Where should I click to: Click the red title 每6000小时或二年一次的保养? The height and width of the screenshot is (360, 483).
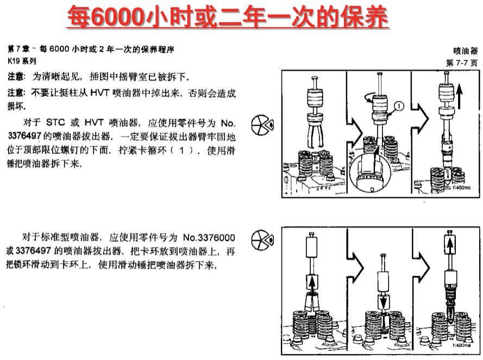[228, 17]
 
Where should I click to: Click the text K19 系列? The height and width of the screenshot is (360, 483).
[22, 61]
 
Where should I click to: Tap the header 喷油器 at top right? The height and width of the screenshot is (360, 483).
[465, 51]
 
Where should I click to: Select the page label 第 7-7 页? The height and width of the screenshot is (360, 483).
[462, 63]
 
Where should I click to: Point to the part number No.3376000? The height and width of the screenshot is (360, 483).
[209, 238]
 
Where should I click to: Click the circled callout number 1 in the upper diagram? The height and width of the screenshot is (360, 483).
[399, 107]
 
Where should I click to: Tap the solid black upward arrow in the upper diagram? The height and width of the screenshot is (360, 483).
[459, 96]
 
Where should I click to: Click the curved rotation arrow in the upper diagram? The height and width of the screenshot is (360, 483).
[369, 98]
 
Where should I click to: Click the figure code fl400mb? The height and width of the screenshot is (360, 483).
[461, 188]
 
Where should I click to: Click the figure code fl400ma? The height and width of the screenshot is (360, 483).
[461, 345]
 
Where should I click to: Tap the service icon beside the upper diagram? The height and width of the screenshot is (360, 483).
[262, 125]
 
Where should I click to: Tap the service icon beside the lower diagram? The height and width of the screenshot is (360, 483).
[262, 240]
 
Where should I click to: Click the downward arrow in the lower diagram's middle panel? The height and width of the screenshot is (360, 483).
[384, 302]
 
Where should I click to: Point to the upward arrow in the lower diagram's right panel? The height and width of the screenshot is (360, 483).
[450, 245]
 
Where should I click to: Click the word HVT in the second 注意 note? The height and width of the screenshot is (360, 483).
[99, 93]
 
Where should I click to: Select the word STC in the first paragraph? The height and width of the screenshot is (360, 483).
[55, 122]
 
